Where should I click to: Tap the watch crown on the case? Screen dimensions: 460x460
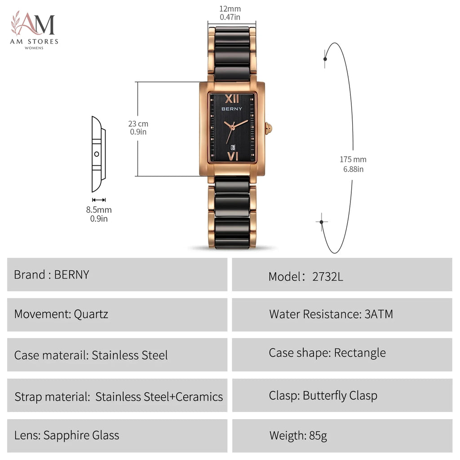(269, 128)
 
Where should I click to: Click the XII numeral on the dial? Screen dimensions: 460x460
(232, 99)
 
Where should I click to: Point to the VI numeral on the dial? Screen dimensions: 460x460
(233, 156)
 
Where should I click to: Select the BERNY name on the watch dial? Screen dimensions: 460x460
(232, 109)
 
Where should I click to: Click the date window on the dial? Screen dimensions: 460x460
(233, 147)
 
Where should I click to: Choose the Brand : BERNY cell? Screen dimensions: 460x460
(117, 274)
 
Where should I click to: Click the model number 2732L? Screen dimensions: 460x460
(327, 277)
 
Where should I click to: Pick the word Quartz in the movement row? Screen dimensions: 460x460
(91, 314)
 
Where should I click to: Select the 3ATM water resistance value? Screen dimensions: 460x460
(378, 314)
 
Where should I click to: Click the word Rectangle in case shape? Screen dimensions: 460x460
(360, 353)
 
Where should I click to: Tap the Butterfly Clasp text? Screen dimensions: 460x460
(340, 396)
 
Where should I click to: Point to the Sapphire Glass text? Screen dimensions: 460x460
(81, 435)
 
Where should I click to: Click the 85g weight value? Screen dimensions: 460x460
(318, 436)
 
